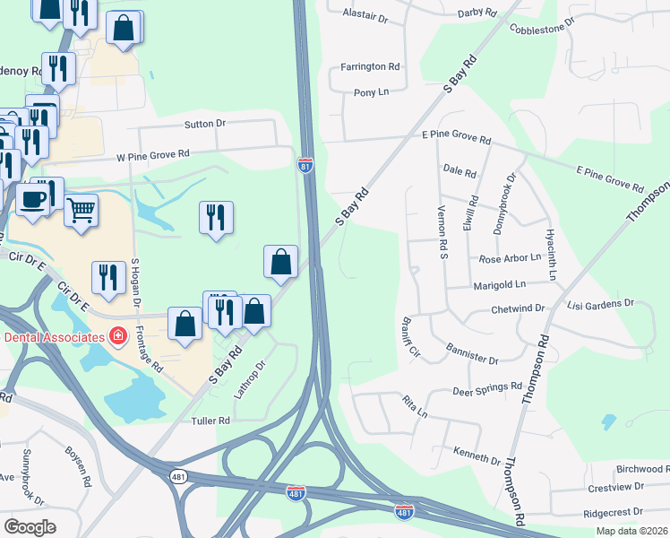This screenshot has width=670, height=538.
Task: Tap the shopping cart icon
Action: [x=82, y=211]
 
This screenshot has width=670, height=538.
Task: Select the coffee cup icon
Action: [x=33, y=199]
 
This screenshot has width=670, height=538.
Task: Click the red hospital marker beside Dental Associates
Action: [x=117, y=336]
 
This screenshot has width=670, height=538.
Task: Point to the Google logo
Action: [x=30, y=526]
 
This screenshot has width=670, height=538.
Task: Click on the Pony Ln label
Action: [x=371, y=92]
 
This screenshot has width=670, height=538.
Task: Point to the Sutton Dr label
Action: [x=207, y=124]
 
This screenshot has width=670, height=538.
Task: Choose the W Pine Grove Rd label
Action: [x=155, y=157]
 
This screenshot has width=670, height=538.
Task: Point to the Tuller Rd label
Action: [x=210, y=420]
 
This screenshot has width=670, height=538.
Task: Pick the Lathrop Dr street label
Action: [x=250, y=378]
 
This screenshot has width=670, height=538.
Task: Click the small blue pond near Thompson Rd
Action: [x=609, y=420]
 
